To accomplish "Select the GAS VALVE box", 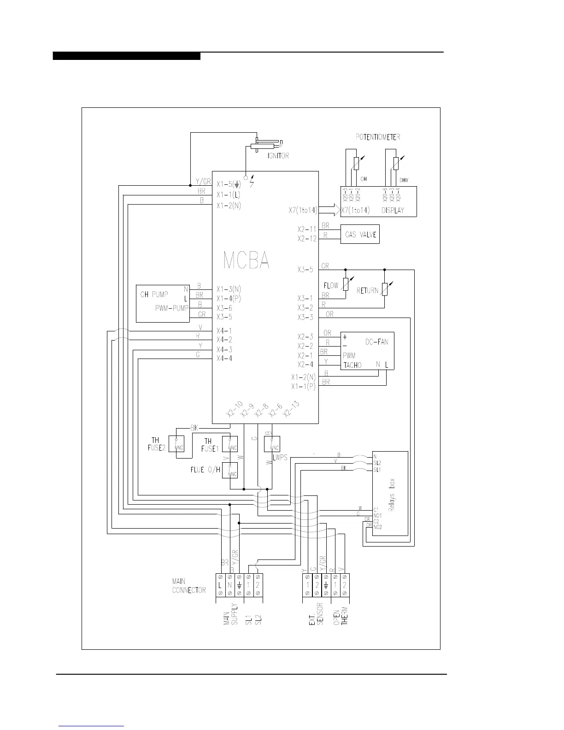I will (x=360, y=234).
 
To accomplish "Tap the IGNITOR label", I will (x=278, y=156).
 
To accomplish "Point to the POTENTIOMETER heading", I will (x=378, y=137).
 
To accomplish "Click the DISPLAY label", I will (x=393, y=210).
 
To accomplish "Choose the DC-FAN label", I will (x=376, y=342).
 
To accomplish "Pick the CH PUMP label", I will (x=154, y=294).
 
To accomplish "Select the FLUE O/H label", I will (x=205, y=470).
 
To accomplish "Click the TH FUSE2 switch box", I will (x=176, y=443).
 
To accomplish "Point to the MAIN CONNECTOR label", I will (x=189, y=586).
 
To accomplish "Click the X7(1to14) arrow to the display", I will (x=328, y=210).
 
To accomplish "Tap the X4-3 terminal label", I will (x=224, y=349).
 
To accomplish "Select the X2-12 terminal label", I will (x=307, y=239).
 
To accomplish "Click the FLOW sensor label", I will (x=331, y=286).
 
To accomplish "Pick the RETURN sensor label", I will (x=367, y=291).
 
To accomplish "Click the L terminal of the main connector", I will (x=220, y=585).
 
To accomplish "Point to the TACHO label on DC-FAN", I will (x=352, y=365).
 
